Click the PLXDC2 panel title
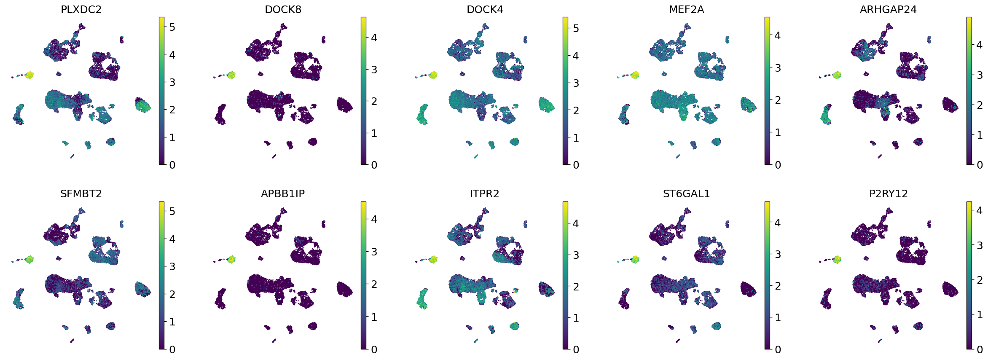pos(81,9)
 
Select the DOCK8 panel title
pos(283,9)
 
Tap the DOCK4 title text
pos(485,9)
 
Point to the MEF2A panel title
pos(686,9)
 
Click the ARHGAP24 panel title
pos(888,9)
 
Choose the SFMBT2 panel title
pos(81,193)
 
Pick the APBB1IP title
pos(283,193)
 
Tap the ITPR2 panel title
pos(485,193)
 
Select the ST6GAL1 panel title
pos(686,193)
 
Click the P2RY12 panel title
pos(888,193)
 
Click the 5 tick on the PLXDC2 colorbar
pos(172,27)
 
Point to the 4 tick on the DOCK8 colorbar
pos(374,38)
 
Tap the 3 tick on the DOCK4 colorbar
pos(576,83)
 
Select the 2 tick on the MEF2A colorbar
pos(778,100)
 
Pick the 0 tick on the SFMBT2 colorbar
pos(172,349)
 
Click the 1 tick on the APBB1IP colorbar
pos(374,317)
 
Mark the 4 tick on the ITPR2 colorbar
pos(576,223)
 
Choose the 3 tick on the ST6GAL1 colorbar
pos(778,254)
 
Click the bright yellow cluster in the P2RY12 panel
pos(837,259)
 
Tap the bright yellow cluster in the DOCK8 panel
pos(231,75)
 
